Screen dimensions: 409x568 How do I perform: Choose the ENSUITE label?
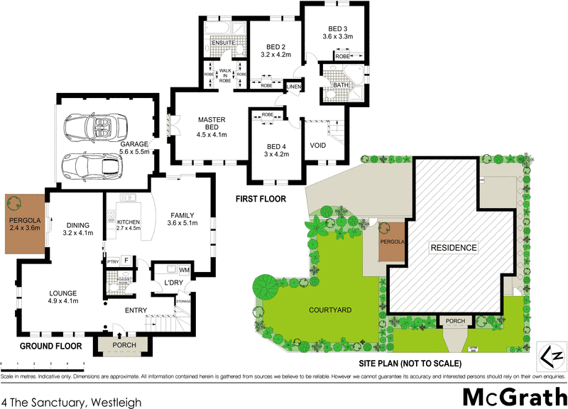224,43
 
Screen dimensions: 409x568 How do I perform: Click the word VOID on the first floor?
318,146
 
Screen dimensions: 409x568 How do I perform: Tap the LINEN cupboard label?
294,87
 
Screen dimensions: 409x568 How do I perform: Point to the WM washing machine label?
184,270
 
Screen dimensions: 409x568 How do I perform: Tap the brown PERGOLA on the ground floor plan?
23,223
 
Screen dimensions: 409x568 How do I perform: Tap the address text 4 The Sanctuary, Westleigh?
71,402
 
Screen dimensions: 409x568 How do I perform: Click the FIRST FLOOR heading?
261,200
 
